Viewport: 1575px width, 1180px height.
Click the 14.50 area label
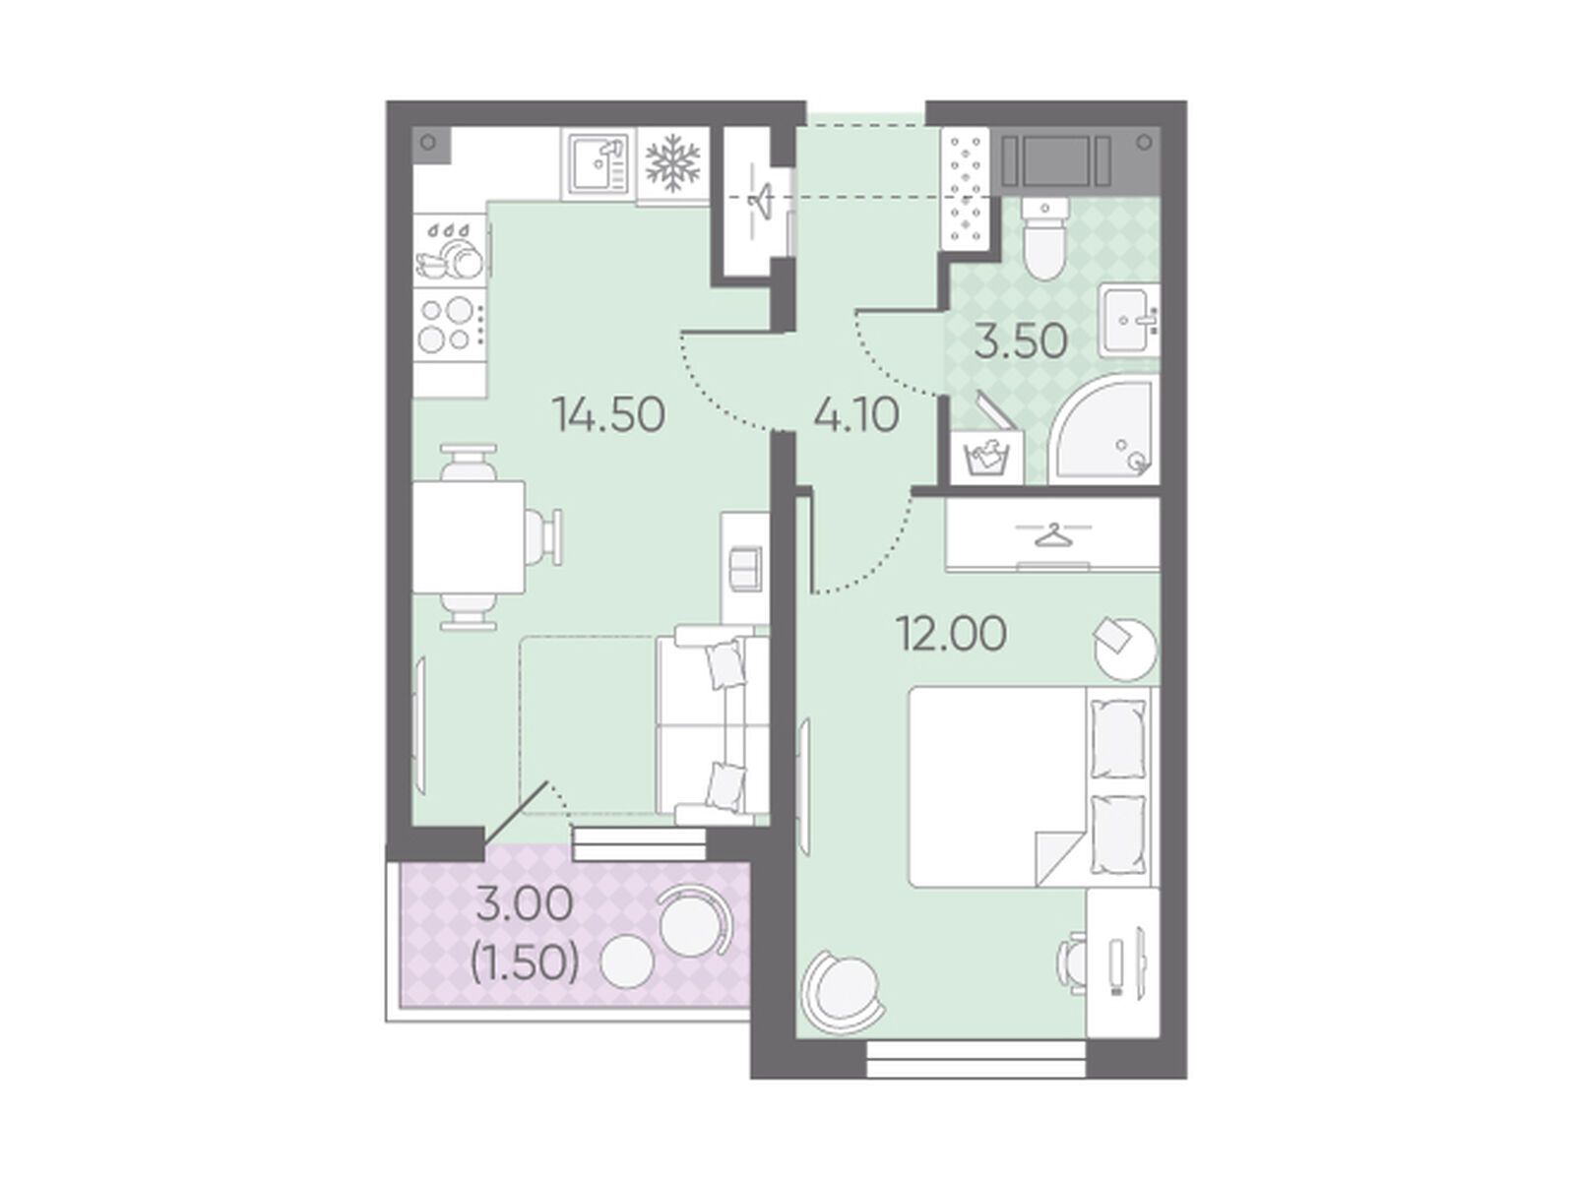[608, 414]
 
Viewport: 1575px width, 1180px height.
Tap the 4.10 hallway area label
[856, 414]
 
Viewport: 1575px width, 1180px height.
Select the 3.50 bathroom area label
[1021, 342]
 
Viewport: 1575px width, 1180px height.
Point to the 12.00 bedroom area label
[952, 634]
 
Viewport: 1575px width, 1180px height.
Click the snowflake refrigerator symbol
[672, 165]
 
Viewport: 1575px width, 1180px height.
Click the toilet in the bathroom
[1044, 239]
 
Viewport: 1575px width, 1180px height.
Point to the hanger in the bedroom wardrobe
[1053, 534]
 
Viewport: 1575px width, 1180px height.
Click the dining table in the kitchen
[469, 536]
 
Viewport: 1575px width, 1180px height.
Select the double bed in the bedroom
[1030, 787]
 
